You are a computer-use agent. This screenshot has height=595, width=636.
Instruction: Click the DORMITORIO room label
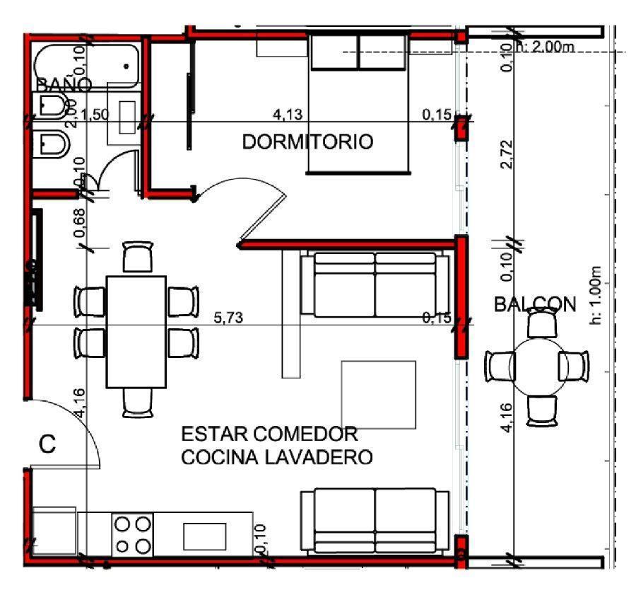(307, 142)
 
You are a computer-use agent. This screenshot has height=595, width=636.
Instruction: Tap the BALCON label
(535, 304)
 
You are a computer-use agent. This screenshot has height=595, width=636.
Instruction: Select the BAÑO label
(64, 84)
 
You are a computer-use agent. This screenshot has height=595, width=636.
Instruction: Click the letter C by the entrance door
(47, 444)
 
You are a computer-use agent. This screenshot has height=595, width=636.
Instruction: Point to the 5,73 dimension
(229, 318)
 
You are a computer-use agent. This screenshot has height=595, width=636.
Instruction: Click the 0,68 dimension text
(80, 222)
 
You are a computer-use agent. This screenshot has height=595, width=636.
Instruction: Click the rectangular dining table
(136, 332)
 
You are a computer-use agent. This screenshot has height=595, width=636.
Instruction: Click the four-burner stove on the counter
(133, 535)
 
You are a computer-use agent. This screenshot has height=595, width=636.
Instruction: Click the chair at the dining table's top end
(137, 257)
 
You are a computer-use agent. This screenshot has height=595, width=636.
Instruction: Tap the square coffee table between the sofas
(378, 394)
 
